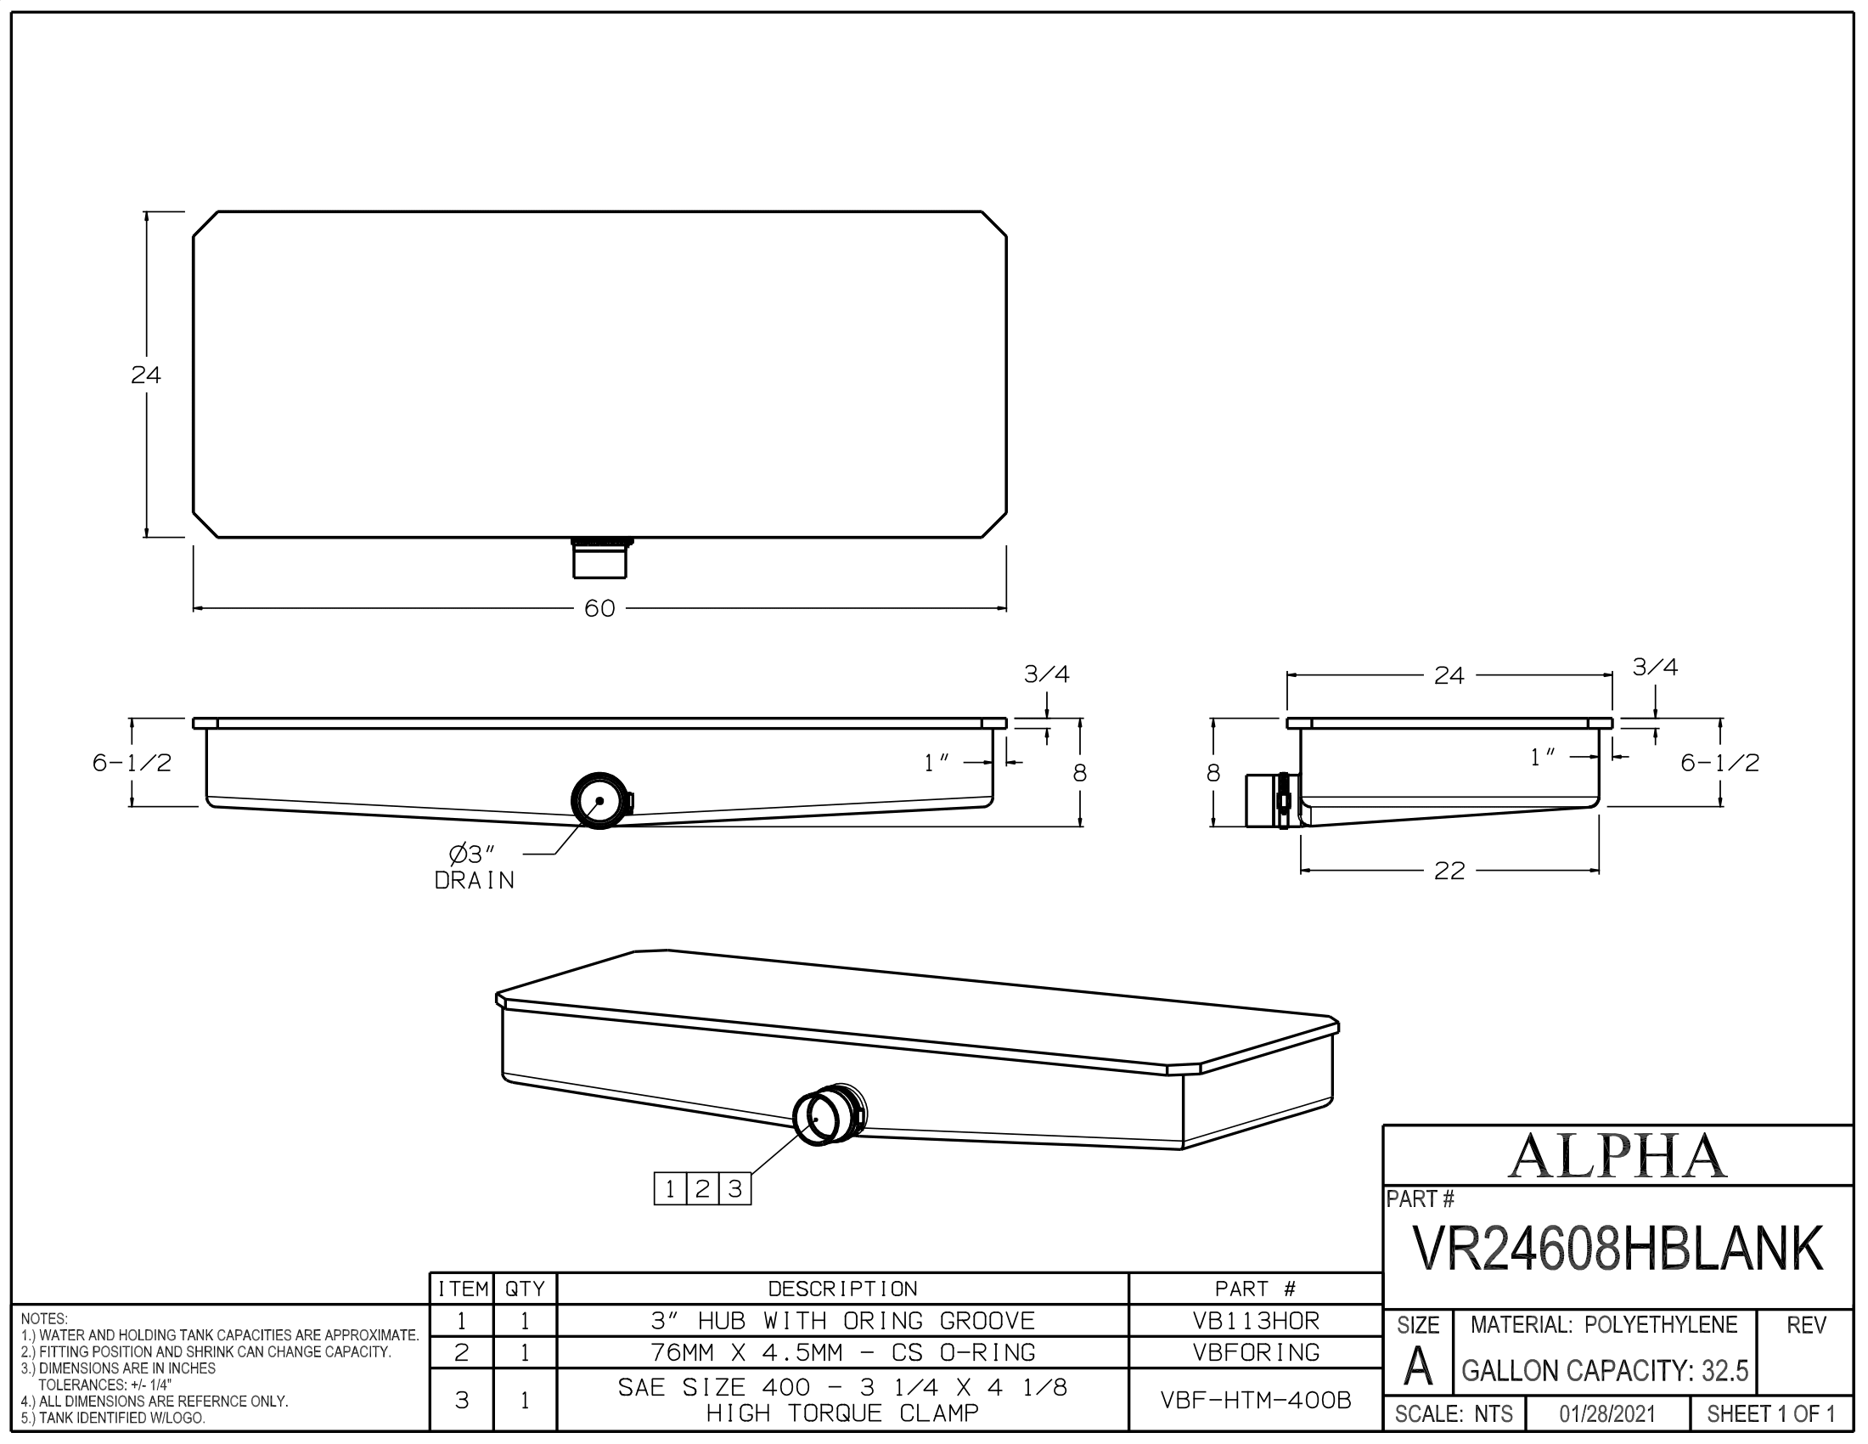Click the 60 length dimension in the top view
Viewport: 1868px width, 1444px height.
[x=599, y=608]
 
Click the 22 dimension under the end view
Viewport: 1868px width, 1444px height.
[x=1449, y=871]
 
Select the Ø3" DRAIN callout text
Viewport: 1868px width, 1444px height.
[x=475, y=866]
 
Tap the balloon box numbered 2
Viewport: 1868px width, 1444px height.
[x=702, y=1189]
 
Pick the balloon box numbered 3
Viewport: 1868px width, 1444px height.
[x=734, y=1189]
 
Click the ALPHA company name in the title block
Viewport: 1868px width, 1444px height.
[x=1617, y=1157]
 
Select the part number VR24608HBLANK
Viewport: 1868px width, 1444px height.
[x=1618, y=1248]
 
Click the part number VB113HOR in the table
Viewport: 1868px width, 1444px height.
[x=1256, y=1321]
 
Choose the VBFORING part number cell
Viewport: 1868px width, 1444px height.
[x=1256, y=1352]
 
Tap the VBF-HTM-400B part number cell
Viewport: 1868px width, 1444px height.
[x=1256, y=1400]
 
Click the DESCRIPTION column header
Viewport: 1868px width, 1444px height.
[x=842, y=1289]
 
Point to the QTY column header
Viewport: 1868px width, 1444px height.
[x=525, y=1289]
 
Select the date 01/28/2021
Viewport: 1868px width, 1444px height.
[x=1607, y=1414]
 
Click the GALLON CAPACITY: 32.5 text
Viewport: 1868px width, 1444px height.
[x=1605, y=1371]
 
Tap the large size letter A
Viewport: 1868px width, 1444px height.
[x=1417, y=1367]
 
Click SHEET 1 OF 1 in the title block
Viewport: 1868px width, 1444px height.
[x=1770, y=1414]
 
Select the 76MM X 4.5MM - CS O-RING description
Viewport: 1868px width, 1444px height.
[x=842, y=1352]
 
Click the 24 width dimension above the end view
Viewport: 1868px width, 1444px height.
[x=1449, y=676]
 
